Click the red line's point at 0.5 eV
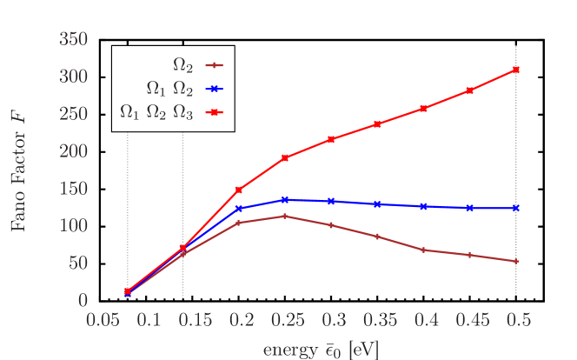[516, 70]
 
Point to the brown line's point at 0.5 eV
[516, 261]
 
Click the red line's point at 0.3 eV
[330, 139]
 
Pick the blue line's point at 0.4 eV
[423, 206]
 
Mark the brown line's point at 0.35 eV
[376, 237]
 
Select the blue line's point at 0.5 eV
[516, 208]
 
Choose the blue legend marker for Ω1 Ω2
[215, 88]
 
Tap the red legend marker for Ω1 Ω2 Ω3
[215, 112]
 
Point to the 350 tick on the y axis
[74, 39]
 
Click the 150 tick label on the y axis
[74, 189]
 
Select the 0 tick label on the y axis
[83, 301]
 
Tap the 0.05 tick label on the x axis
[103, 320]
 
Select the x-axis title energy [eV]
[320, 349]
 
